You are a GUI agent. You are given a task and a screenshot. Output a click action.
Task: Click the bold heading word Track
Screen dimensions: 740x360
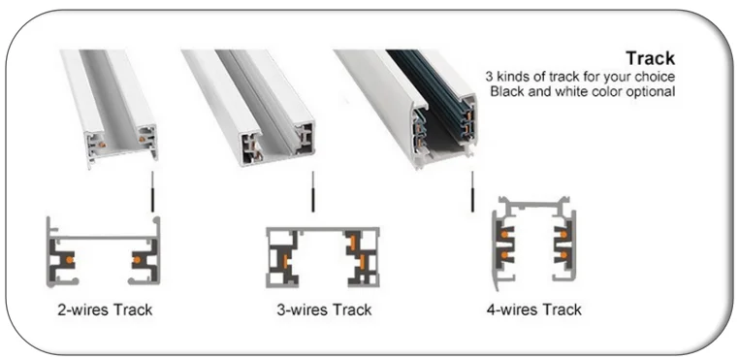click(649, 59)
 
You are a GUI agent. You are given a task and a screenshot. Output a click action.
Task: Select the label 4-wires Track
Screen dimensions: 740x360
click(533, 310)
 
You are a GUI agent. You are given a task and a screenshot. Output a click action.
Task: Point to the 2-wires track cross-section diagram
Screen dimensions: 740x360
click(103, 254)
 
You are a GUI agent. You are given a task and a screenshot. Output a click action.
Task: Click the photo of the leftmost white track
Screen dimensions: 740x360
click(110, 107)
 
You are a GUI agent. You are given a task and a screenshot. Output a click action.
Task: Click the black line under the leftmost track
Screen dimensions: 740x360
click(152, 197)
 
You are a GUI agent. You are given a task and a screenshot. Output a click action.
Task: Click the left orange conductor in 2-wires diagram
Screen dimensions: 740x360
click(67, 260)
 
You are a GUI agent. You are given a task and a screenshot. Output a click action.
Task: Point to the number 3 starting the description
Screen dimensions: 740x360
click(489, 77)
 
